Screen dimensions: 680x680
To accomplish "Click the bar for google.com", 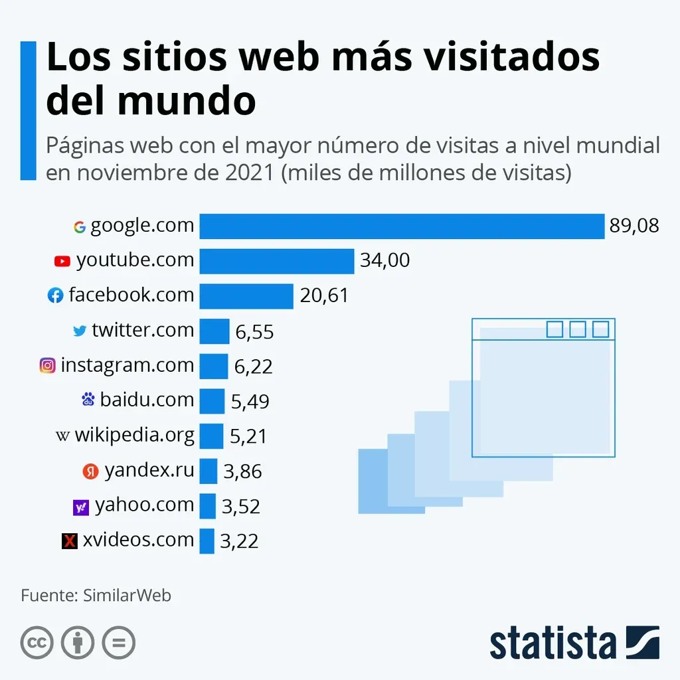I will (402, 226).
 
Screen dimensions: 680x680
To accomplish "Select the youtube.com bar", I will (277, 261).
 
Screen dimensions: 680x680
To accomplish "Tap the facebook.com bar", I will (246, 296).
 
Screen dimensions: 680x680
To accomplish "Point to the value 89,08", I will (634, 226).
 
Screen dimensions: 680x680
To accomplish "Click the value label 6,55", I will (254, 331).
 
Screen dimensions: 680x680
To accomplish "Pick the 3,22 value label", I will (239, 542).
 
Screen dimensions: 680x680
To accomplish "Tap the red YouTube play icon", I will (62, 262).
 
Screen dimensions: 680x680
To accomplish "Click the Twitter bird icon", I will (80, 331).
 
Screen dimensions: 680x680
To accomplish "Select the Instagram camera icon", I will (47, 365).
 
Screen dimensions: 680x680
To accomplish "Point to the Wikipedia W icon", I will (63, 436).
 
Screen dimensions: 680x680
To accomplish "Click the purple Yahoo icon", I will (80, 507).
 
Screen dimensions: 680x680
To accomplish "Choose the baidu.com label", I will (147, 400).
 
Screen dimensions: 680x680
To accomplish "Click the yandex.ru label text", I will (149, 471).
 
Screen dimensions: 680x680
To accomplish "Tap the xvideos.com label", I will (138, 540).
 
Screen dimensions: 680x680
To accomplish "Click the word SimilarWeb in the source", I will (127, 595).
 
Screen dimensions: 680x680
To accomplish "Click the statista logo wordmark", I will (552, 643).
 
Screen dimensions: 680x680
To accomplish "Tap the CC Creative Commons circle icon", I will (37, 643).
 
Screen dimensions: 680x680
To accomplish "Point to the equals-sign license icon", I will (118, 643).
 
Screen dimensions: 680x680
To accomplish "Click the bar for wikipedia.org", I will (211, 436).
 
